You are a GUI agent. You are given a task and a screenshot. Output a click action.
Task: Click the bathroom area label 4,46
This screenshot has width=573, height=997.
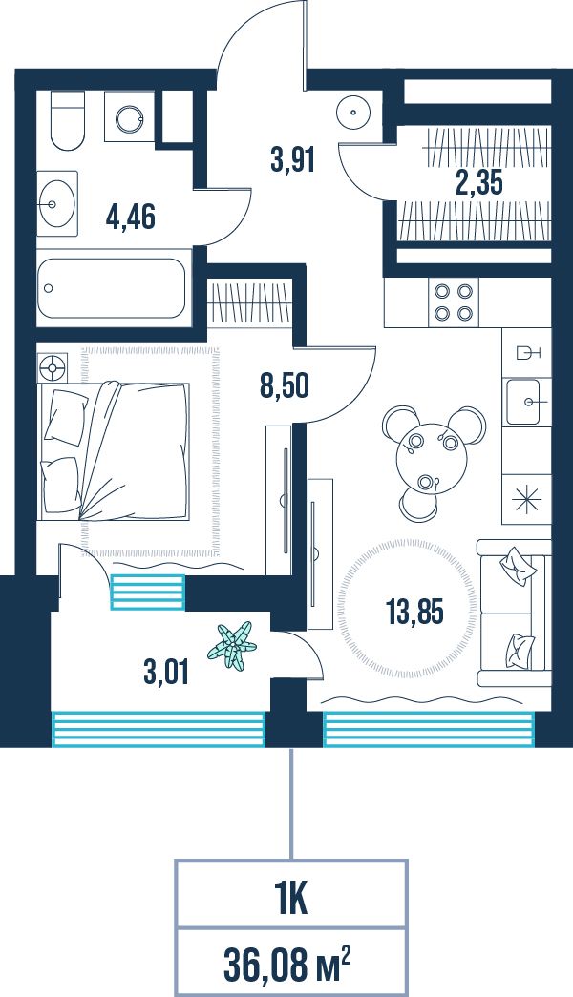[x=131, y=218]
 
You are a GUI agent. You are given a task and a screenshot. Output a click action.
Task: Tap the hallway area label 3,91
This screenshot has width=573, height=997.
[x=293, y=159]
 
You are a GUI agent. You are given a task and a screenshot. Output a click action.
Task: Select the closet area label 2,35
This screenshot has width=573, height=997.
[x=478, y=182]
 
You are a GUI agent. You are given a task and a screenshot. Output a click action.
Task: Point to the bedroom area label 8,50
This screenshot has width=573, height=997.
[x=285, y=385]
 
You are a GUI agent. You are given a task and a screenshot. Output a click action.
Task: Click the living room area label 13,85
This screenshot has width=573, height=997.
[x=414, y=612]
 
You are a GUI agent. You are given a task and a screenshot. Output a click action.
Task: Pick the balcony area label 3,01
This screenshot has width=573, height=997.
[x=166, y=672]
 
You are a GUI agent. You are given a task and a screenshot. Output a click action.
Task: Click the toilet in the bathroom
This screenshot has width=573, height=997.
[x=68, y=121]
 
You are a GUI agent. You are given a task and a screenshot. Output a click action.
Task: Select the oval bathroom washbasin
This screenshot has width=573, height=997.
[x=56, y=203]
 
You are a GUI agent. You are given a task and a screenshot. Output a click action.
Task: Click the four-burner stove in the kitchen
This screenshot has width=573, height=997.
[x=453, y=302]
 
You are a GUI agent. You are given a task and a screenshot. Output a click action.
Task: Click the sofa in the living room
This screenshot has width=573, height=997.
[x=513, y=613]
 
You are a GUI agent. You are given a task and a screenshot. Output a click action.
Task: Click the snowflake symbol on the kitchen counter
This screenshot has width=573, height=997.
[x=527, y=499]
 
